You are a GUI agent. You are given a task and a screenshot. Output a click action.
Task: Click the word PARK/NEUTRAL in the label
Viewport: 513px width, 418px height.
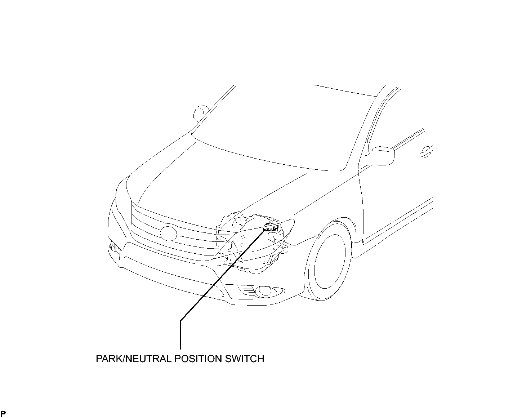pyautogui.click(x=134, y=359)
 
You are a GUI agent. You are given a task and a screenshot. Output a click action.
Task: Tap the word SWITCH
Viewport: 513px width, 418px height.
pyautogui.click(x=245, y=359)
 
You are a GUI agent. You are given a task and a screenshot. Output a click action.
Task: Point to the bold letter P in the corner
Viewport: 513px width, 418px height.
pyautogui.click(x=3, y=414)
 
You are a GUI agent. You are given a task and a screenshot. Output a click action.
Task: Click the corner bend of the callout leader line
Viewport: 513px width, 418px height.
pyautogui.click(x=180, y=320)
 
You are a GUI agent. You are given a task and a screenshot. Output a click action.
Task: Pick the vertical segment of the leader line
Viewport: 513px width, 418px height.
pyautogui.click(x=180, y=335)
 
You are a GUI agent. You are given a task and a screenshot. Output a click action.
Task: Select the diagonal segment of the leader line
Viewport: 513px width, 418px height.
pyautogui.click(x=223, y=275)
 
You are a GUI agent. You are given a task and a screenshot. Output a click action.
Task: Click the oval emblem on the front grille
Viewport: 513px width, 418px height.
pyautogui.click(x=168, y=234)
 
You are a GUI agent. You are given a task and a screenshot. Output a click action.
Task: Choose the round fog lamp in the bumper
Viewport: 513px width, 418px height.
pyautogui.click(x=265, y=291)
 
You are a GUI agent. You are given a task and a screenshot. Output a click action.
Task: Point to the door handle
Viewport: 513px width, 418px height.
pyautogui.click(x=427, y=152)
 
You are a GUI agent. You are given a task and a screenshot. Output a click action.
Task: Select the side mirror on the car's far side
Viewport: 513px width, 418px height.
pyautogui.click(x=201, y=114)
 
